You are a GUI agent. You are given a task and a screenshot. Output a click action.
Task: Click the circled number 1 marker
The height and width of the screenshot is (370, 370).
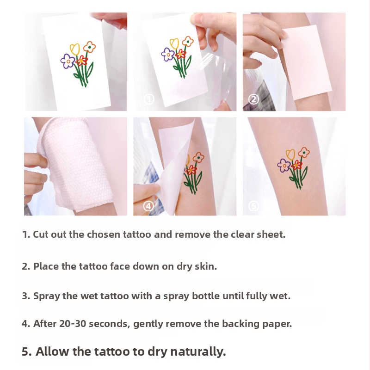pos(149,99)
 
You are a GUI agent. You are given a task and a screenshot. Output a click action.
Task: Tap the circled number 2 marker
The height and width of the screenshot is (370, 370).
pos(253,99)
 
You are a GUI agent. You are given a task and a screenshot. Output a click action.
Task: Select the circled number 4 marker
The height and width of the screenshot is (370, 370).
pos(148,206)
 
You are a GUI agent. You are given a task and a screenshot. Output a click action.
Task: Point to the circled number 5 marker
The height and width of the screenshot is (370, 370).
pos(253,206)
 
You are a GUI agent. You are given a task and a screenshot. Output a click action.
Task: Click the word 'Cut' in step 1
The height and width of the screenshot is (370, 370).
pos(41,234)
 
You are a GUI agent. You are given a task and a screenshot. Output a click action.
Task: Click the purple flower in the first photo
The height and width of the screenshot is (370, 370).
pos(68,61)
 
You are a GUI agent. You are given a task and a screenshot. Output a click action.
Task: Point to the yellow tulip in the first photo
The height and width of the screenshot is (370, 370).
pos(75,49)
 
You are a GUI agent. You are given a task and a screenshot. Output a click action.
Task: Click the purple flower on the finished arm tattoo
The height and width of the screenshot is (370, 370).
pos(284,166)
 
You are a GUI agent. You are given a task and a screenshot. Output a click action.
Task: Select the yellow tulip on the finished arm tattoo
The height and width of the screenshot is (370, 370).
pos(290,154)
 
